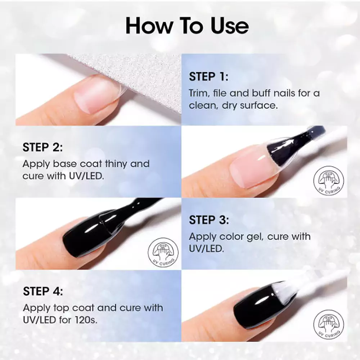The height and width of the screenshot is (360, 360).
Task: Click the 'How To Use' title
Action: (x=187, y=26)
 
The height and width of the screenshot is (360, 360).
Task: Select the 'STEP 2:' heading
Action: (x=42, y=147)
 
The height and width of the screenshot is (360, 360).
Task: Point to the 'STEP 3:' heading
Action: (x=209, y=220)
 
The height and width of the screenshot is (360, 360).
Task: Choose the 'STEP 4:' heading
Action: (x=43, y=291)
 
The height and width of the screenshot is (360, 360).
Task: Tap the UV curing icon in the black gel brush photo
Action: (x=163, y=253)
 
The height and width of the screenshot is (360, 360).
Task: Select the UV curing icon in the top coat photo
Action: (x=329, y=325)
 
